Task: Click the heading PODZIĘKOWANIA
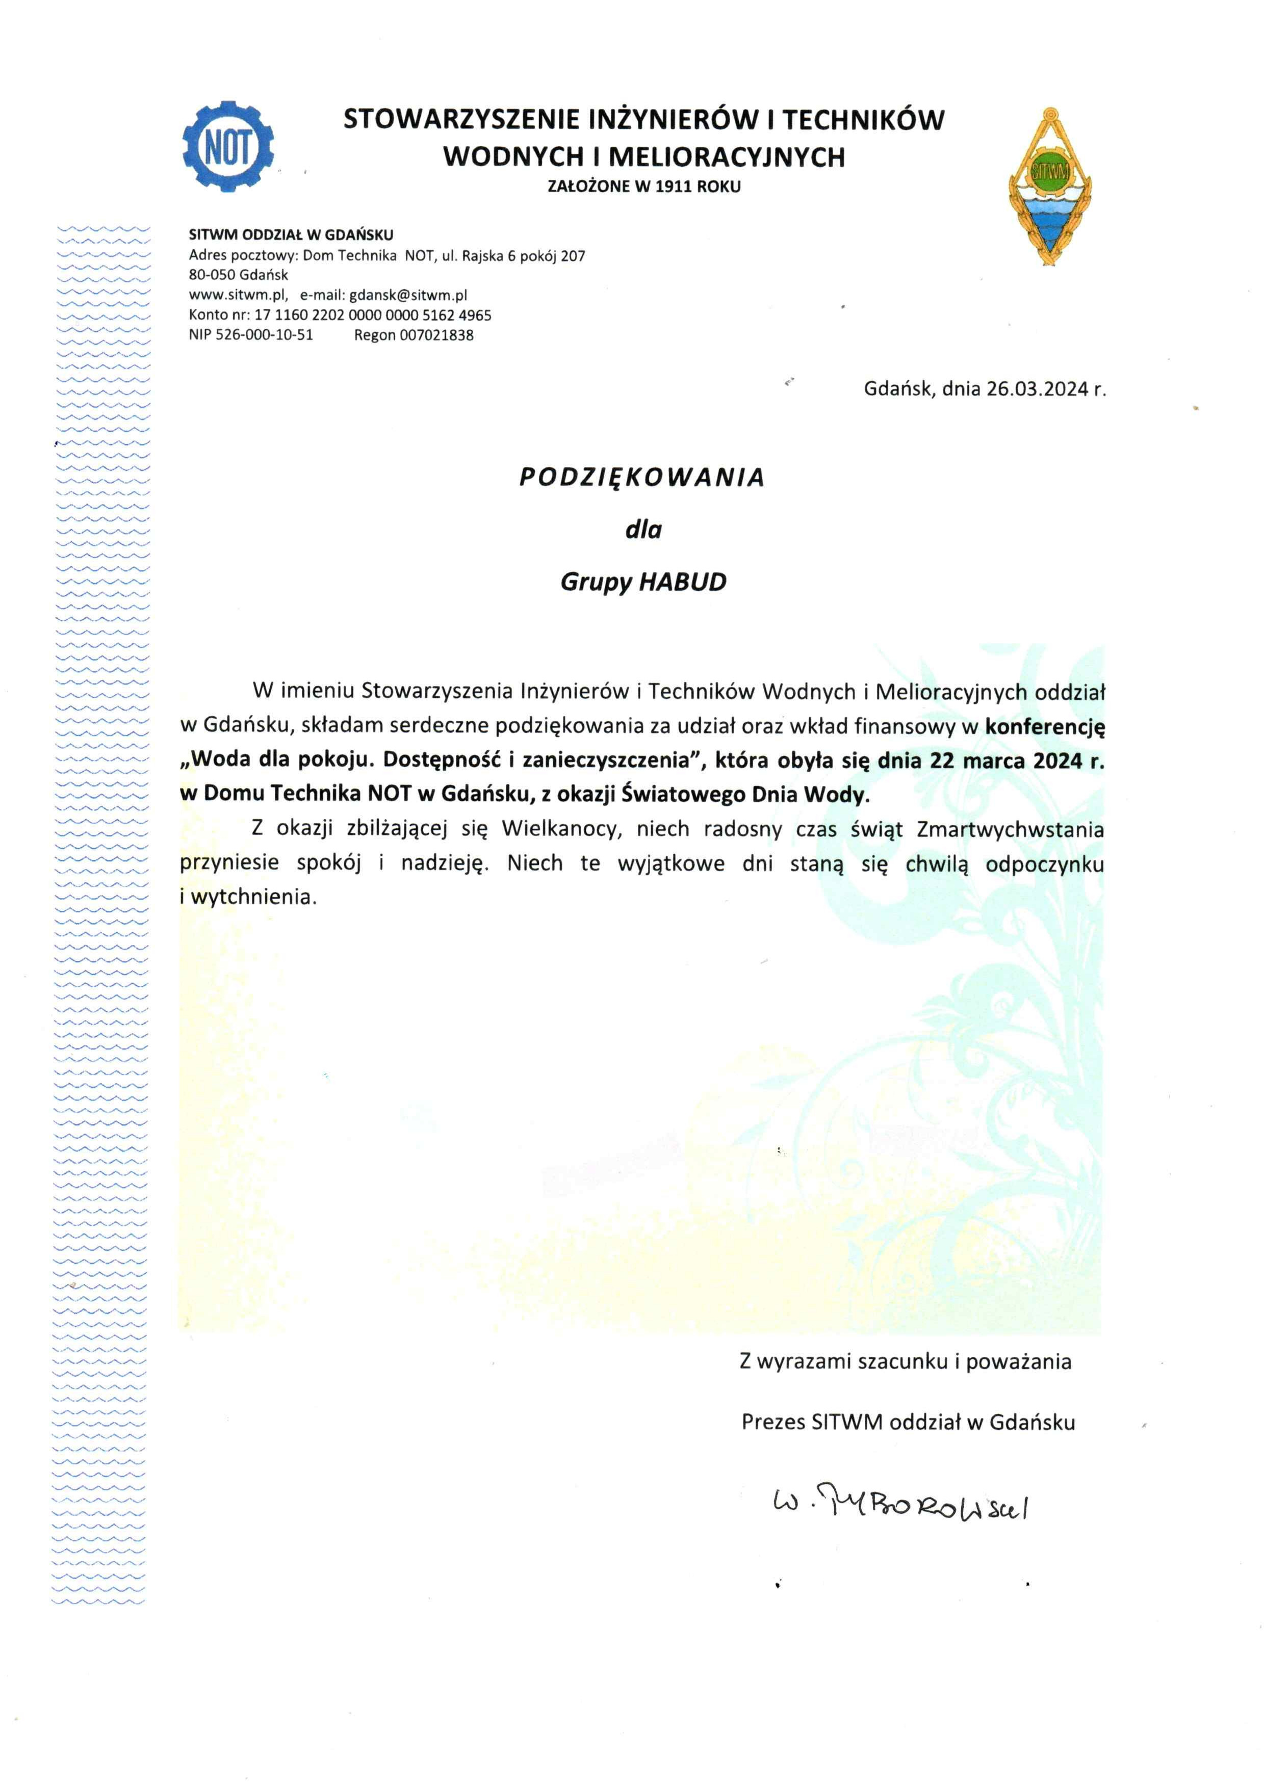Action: click(642, 477)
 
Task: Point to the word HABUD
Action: click(683, 582)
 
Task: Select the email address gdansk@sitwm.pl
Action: click(408, 295)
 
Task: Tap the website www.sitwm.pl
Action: click(238, 295)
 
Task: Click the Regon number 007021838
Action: click(436, 335)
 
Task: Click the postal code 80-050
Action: click(212, 275)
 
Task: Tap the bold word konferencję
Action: click(1045, 726)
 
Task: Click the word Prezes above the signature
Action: click(773, 1422)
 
